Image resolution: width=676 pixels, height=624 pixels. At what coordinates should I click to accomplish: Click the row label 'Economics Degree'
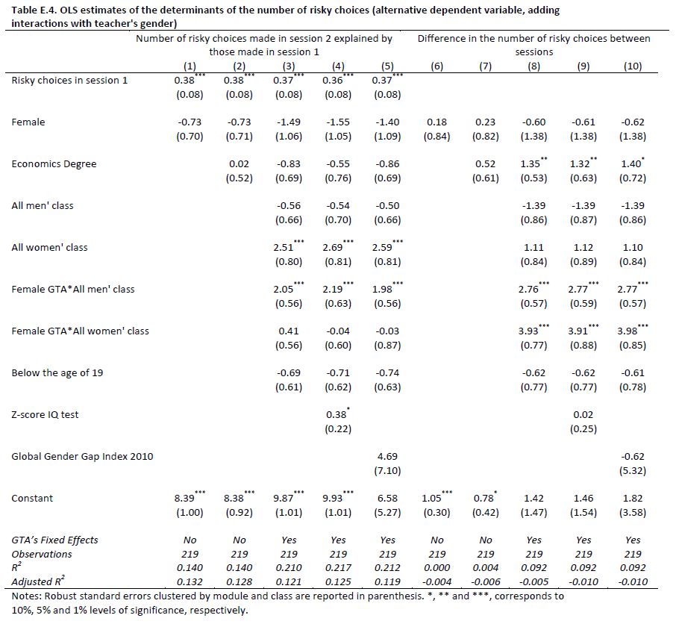(54, 164)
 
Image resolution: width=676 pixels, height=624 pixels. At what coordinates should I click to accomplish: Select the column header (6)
(437, 66)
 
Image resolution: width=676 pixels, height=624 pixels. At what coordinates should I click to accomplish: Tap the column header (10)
(633, 66)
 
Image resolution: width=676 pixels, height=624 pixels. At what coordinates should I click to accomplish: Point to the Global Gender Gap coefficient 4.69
(387, 456)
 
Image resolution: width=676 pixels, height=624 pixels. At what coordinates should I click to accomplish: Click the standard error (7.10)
(387, 470)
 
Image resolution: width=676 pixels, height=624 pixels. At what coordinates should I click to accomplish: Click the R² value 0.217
(338, 567)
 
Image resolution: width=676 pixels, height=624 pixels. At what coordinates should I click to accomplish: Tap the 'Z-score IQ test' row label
(45, 414)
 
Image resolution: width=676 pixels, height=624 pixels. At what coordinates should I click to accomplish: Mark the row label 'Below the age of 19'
(57, 372)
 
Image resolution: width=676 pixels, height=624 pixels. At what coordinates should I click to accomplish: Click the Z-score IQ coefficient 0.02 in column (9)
(583, 414)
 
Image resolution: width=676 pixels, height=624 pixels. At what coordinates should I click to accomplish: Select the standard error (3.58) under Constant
(633, 512)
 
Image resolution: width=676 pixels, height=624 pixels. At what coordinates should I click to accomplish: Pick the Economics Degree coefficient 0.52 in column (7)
(486, 164)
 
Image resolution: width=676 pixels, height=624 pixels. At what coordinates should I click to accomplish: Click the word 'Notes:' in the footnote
(27, 596)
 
